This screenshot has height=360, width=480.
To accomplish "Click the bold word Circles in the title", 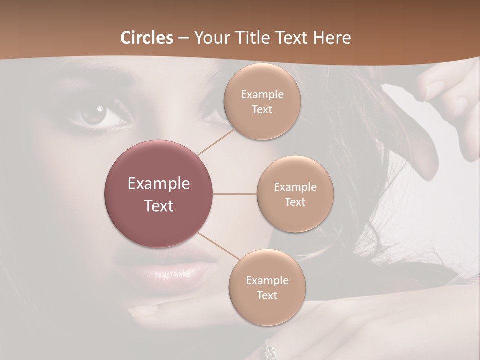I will coord(147,38).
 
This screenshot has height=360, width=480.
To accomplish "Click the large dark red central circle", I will coord(159,194).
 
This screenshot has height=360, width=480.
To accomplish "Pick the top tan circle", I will coord(262,101).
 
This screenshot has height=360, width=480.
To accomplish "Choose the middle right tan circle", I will coord(295,194).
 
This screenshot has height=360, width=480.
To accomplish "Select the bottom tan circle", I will coord(267,287).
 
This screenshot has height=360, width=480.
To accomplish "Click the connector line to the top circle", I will coord(216,142).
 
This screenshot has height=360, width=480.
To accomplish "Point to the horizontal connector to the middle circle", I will coord(235,194).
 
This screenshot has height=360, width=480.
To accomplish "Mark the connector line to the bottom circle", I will coord(218,246).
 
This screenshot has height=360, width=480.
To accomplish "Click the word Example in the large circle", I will coord(159,183).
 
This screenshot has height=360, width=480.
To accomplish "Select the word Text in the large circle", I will coord(159,205).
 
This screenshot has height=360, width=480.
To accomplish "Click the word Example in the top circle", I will coord(262,95).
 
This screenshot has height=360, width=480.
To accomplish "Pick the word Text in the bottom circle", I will coord(267,295).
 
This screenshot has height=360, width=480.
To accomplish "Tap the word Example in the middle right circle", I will coord(295,187).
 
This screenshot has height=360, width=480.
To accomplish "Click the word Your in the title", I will coord(211,38).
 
